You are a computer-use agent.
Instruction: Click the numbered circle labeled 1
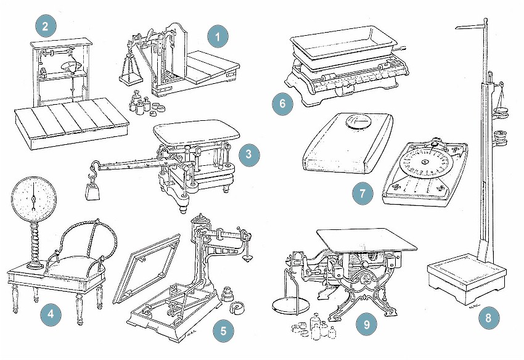coord(217,38)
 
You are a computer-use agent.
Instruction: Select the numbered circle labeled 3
coord(248,155)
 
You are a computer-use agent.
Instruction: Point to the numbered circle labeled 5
coord(223,330)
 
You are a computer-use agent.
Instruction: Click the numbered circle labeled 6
coord(283,103)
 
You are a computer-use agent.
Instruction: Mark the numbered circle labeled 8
coord(488,318)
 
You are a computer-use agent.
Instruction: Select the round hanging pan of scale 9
coord(292,306)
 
